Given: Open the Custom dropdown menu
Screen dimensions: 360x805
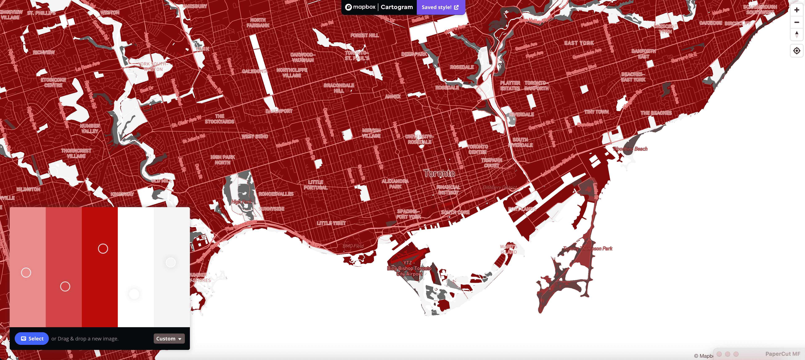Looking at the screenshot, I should tap(169, 338).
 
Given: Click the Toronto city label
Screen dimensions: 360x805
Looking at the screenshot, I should tap(439, 173).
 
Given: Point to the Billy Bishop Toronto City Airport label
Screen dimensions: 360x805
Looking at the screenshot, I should tap(409, 269).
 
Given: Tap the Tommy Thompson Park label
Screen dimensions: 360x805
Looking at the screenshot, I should tap(588, 248).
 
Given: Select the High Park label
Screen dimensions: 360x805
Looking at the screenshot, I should tap(241, 202).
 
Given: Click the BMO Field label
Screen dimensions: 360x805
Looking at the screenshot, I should tap(353, 246).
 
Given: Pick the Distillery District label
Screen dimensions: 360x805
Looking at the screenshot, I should tap(499, 187).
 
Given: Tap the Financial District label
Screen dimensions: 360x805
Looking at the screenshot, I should tap(448, 190).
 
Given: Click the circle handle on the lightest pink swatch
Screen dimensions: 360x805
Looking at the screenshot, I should tap(26, 273).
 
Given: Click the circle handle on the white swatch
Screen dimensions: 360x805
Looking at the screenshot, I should tap(134, 294).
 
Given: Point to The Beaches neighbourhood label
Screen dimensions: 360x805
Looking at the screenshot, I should tap(656, 113).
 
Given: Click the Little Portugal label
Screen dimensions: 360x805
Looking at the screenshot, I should tap(316, 185).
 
